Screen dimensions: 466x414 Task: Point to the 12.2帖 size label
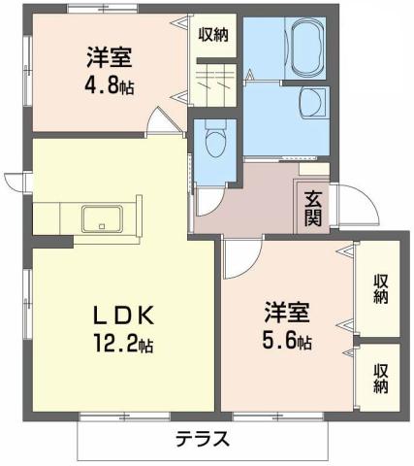coord(122,344)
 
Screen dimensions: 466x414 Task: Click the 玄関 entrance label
coord(313,208)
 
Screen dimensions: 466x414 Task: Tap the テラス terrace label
coord(203,439)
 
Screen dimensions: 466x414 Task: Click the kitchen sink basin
coord(102,217)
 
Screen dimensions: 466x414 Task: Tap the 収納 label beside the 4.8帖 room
coord(212,34)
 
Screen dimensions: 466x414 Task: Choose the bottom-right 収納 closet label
coord(380,377)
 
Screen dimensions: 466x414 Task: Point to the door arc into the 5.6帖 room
coord(239,254)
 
